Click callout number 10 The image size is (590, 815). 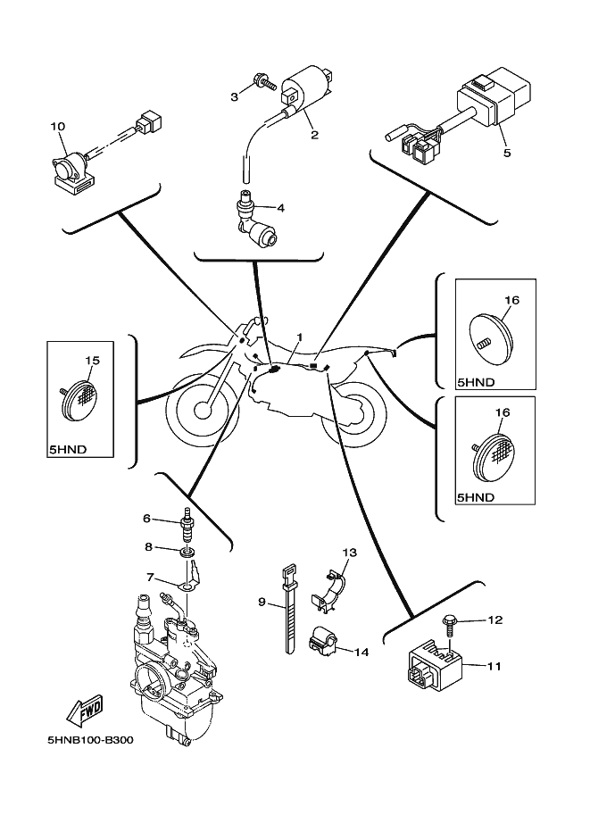point(58,128)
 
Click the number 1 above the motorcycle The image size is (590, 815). point(301,338)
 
